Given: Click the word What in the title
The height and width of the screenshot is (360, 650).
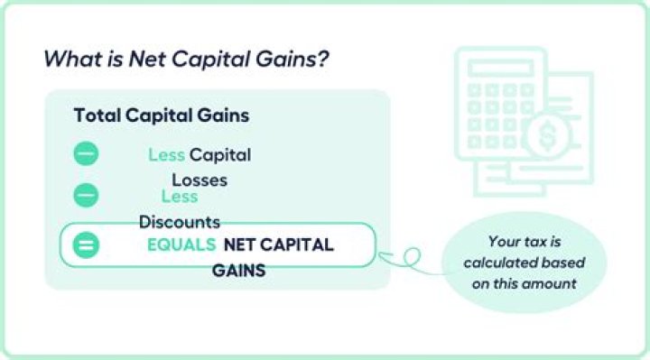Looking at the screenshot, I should pyautogui.click(x=67, y=60).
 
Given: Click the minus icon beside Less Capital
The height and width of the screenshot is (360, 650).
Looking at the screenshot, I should pyautogui.click(x=86, y=154).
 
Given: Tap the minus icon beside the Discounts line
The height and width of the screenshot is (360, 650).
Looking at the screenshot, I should pyautogui.click(x=86, y=194).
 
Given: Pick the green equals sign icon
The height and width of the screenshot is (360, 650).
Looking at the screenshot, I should pyautogui.click(x=86, y=245).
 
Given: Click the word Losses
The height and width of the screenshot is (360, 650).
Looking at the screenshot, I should pyautogui.click(x=200, y=180).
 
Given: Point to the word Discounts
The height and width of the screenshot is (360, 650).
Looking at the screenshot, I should pyautogui.click(x=180, y=221).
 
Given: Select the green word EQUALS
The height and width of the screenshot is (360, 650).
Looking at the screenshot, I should pyautogui.click(x=181, y=245).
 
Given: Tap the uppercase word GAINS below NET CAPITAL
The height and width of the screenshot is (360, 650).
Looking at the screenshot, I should pyautogui.click(x=238, y=269).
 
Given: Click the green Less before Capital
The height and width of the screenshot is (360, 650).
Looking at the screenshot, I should pyautogui.click(x=166, y=154).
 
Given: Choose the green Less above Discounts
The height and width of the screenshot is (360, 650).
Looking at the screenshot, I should pyautogui.click(x=180, y=196).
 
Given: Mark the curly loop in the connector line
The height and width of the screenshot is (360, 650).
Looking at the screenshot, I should pyautogui.click(x=411, y=259).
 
